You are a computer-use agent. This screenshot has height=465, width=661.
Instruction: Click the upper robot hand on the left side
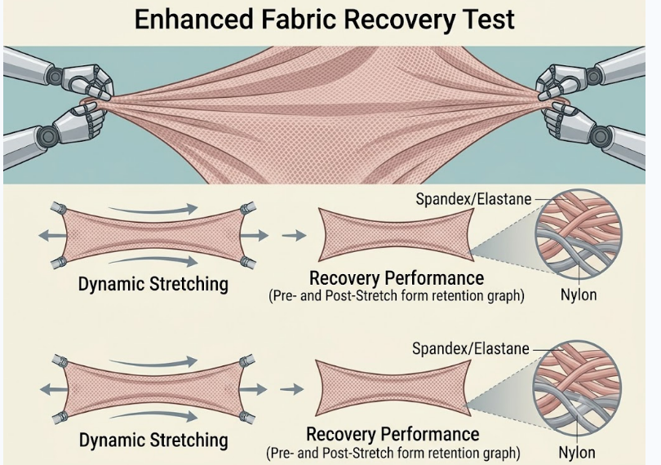point(91,82)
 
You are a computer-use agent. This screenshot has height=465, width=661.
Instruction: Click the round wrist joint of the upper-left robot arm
point(55,77)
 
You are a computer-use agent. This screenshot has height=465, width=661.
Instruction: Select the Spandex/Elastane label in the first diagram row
point(473,199)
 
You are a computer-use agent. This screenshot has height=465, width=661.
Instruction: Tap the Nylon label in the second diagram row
point(577,452)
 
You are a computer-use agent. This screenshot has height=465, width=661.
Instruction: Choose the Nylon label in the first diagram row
point(579,294)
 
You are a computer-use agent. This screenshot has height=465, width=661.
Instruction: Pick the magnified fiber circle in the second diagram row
point(577,389)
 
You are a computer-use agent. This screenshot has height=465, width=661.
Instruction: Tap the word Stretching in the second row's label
point(189,440)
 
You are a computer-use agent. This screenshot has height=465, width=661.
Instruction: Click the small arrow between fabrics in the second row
point(291,389)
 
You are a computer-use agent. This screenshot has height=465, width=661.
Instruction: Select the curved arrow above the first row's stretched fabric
point(153,209)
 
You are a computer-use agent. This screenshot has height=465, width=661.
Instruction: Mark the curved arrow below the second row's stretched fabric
point(153,416)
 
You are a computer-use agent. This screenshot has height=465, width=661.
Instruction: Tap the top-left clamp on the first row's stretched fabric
point(59,208)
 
